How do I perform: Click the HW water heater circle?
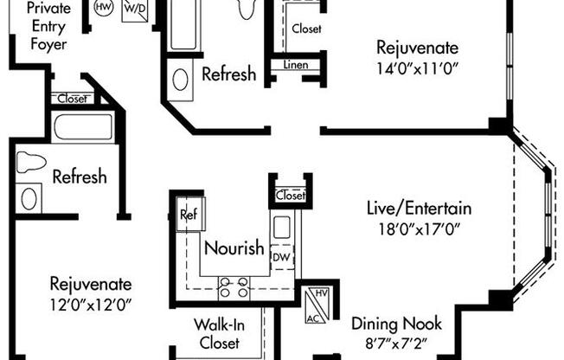103,8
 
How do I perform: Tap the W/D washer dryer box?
134,10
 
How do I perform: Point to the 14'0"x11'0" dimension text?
417,67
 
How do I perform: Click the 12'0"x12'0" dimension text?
90,304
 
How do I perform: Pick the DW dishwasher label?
280,257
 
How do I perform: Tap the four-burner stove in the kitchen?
234,286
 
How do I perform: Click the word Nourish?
234,248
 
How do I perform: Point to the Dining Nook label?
396,325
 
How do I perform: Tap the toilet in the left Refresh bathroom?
31,162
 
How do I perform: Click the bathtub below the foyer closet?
83,128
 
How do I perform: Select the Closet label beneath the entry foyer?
72,99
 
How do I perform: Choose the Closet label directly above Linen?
305,29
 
